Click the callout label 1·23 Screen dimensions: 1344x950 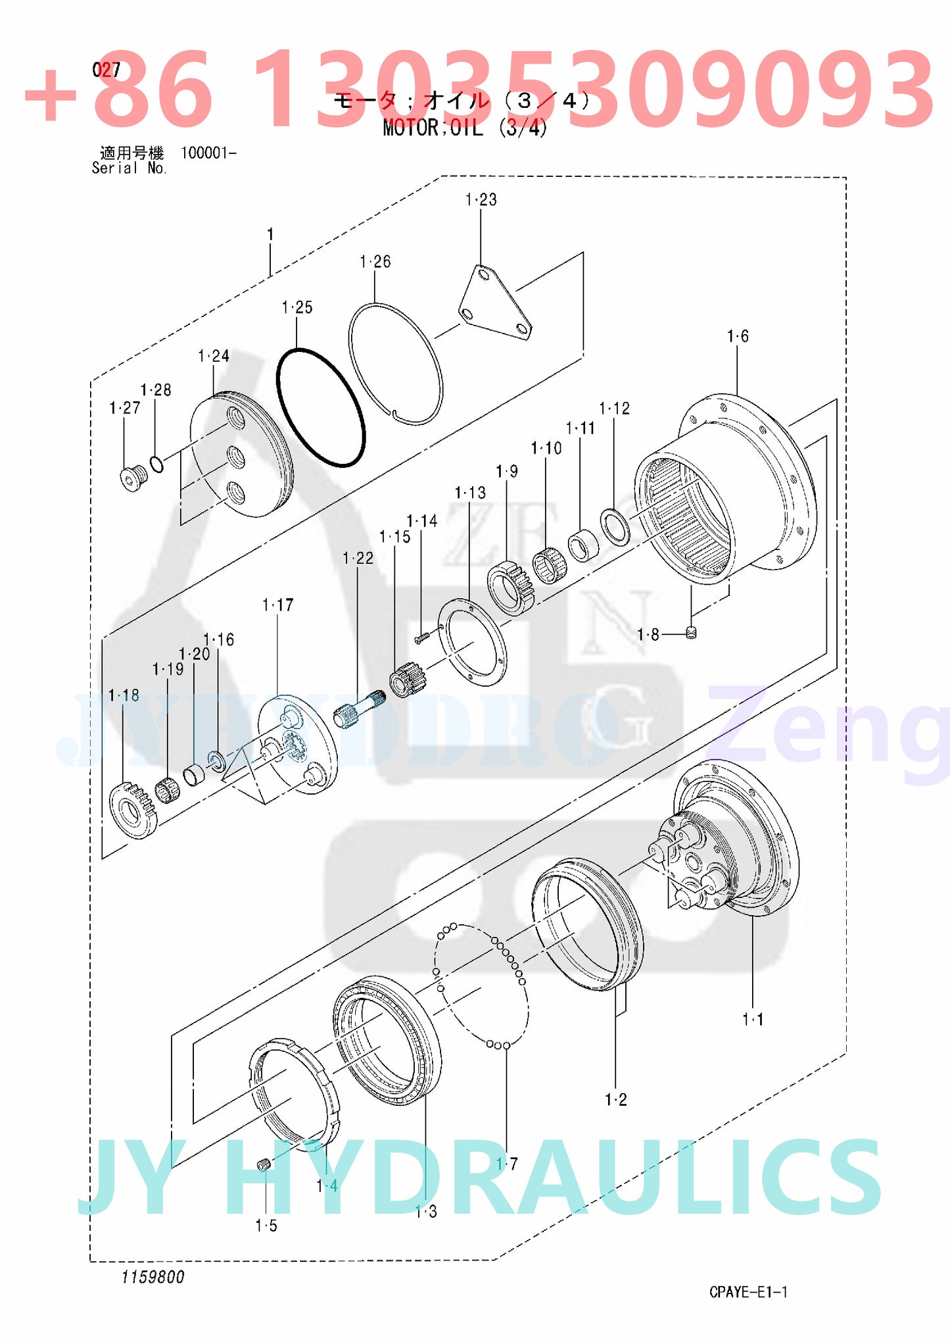coord(481,199)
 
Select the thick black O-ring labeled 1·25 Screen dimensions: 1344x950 coord(320,407)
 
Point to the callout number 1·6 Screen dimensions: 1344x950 coord(737,336)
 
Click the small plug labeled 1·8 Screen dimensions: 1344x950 coord(690,633)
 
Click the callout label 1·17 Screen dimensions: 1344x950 coord(277,605)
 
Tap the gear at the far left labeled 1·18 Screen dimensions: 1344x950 coord(133,810)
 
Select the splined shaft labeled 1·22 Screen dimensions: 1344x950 coord(356,711)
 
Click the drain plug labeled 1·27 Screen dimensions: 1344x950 coord(133,478)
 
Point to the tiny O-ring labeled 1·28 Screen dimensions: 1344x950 coord(156,464)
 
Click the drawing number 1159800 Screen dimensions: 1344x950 coord(153,1277)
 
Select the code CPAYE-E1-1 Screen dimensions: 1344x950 coord(748,1291)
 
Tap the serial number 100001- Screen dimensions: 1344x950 coord(208,153)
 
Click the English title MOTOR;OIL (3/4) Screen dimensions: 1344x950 coord(465,128)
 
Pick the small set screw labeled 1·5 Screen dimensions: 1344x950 coord(264,1166)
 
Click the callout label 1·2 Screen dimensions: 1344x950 coord(615,1099)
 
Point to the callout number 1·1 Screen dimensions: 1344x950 coord(753,1019)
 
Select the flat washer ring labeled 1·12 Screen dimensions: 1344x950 coord(615,526)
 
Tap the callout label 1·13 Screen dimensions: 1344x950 coord(469,492)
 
